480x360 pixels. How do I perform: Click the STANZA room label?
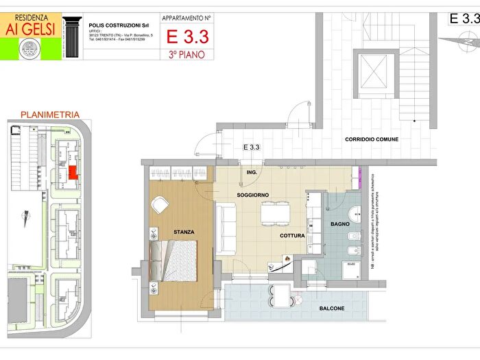183,232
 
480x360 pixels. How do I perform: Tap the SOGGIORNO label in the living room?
253,195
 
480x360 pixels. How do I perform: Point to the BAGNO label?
340,224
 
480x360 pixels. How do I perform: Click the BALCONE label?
332,309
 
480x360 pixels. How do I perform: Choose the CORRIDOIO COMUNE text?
372,139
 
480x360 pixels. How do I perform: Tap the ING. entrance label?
252,173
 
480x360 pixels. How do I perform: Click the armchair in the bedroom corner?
160,204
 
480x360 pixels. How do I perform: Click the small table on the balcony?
282,296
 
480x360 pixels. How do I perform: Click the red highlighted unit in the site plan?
72,172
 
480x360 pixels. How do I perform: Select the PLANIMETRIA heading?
50,115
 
